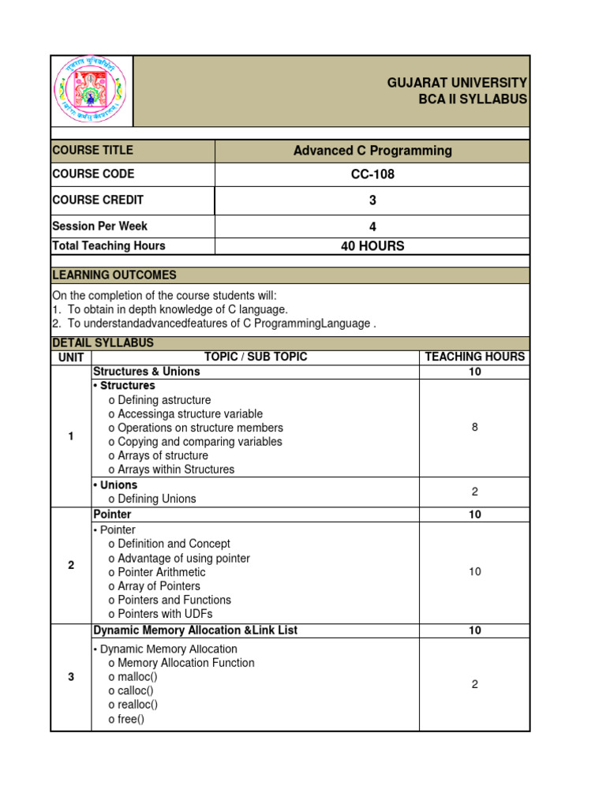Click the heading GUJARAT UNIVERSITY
[457, 83]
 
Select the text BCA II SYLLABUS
[473, 99]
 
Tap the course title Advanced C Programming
[372, 151]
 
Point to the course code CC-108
[372, 174]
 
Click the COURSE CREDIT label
[98, 200]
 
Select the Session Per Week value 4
[372, 226]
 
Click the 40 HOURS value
[372, 246]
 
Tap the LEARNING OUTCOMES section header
[114, 275]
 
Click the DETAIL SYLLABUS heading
[103, 343]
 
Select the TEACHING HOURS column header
[474, 357]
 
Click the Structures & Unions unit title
[147, 372]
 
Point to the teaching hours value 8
[474, 428]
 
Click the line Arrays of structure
[158, 455]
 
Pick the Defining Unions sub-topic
[152, 499]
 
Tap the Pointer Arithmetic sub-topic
[157, 572]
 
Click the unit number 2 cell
[71, 565]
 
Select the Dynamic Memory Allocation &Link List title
[195, 630]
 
